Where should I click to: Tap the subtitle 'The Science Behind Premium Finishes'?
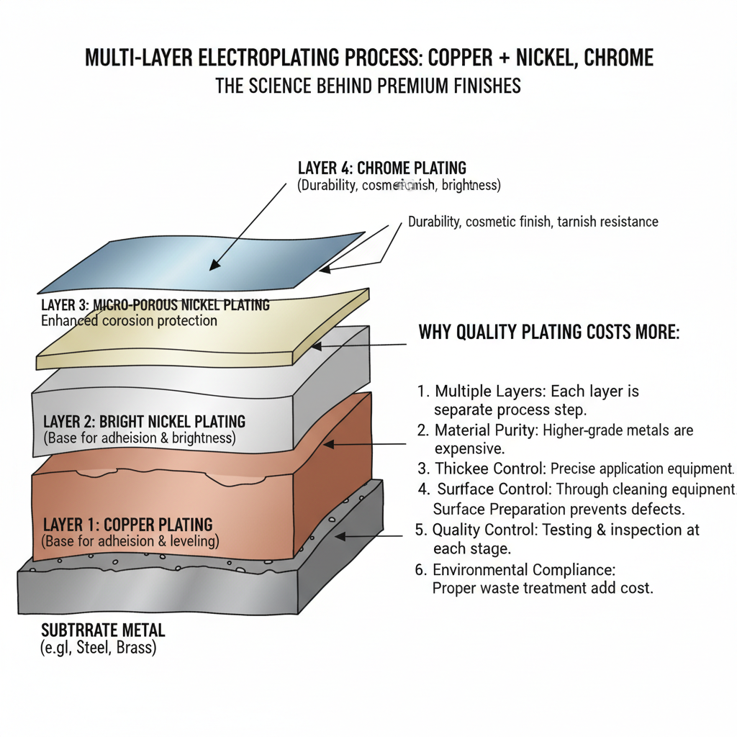(x=368, y=86)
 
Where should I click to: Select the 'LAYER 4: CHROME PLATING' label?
(x=381, y=168)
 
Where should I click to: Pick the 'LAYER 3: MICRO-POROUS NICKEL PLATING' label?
(x=155, y=305)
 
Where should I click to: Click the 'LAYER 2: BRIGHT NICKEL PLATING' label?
(x=144, y=422)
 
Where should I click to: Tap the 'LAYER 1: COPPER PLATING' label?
(x=127, y=525)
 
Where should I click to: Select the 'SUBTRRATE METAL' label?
(x=103, y=630)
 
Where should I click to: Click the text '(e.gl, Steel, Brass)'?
(x=99, y=648)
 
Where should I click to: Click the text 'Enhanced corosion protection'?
(x=129, y=320)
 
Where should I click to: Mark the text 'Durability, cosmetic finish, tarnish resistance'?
(x=533, y=222)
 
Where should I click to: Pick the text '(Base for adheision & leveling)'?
(x=130, y=541)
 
